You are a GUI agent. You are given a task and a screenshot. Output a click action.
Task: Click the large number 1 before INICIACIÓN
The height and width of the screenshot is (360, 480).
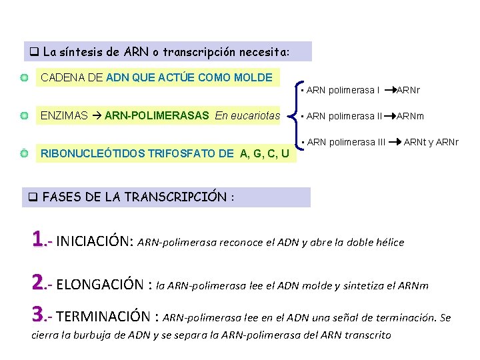(x=37, y=239)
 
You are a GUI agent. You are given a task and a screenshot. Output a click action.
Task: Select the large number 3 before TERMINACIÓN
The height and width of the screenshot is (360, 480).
(x=37, y=314)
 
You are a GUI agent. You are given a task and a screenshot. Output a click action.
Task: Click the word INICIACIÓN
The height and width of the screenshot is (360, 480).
(x=95, y=241)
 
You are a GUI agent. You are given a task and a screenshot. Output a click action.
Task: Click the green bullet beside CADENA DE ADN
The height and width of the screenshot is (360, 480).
(x=24, y=78)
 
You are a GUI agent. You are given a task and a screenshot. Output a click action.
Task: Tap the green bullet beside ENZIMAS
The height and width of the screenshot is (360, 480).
(x=24, y=116)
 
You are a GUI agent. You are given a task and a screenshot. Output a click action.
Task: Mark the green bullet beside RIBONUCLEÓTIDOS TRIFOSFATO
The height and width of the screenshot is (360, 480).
(x=24, y=154)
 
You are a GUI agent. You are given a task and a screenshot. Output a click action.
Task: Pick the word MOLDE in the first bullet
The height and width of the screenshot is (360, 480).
(x=253, y=78)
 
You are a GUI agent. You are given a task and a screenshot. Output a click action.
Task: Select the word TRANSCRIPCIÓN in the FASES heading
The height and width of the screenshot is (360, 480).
(x=183, y=197)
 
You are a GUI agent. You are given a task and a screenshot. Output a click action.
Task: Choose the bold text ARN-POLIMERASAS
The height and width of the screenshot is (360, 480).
(x=157, y=116)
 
